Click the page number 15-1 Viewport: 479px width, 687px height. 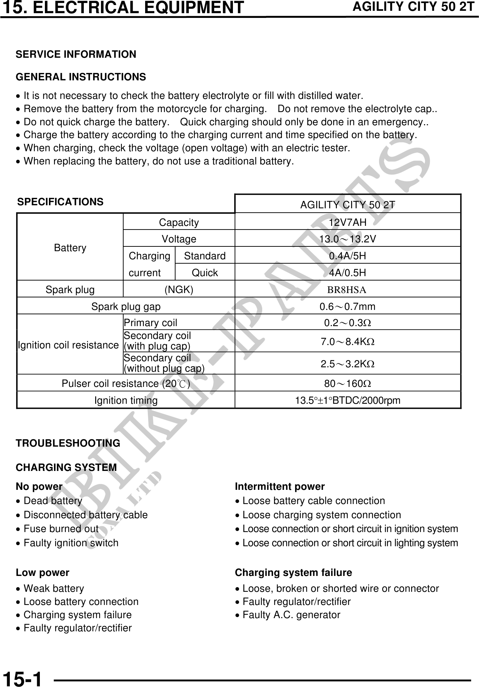(22, 679)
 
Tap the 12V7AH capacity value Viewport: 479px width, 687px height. (348, 222)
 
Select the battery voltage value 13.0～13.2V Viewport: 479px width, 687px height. (348, 239)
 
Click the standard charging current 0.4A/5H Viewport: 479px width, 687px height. (348, 256)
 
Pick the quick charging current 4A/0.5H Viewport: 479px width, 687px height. (348, 273)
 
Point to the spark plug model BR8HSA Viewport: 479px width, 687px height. (347, 290)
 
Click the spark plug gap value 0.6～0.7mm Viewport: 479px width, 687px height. (347, 307)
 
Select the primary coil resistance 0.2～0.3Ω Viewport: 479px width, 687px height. (347, 323)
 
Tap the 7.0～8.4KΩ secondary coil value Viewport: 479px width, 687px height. (347, 342)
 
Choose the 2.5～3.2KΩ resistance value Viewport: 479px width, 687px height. (347, 364)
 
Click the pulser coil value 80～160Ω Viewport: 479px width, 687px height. (347, 384)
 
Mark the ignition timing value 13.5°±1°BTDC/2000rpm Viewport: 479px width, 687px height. (348, 401)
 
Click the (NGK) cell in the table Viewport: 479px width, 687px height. (179, 290)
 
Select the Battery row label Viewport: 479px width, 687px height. (70, 248)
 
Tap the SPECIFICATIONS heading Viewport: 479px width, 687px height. (60, 202)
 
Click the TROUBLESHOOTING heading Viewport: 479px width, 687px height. (68, 443)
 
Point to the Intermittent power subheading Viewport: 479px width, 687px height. (280, 486)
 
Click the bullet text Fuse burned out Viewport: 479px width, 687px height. (61, 529)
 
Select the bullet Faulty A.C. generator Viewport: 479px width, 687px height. (291, 615)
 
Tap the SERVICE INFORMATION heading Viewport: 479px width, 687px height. (76, 54)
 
